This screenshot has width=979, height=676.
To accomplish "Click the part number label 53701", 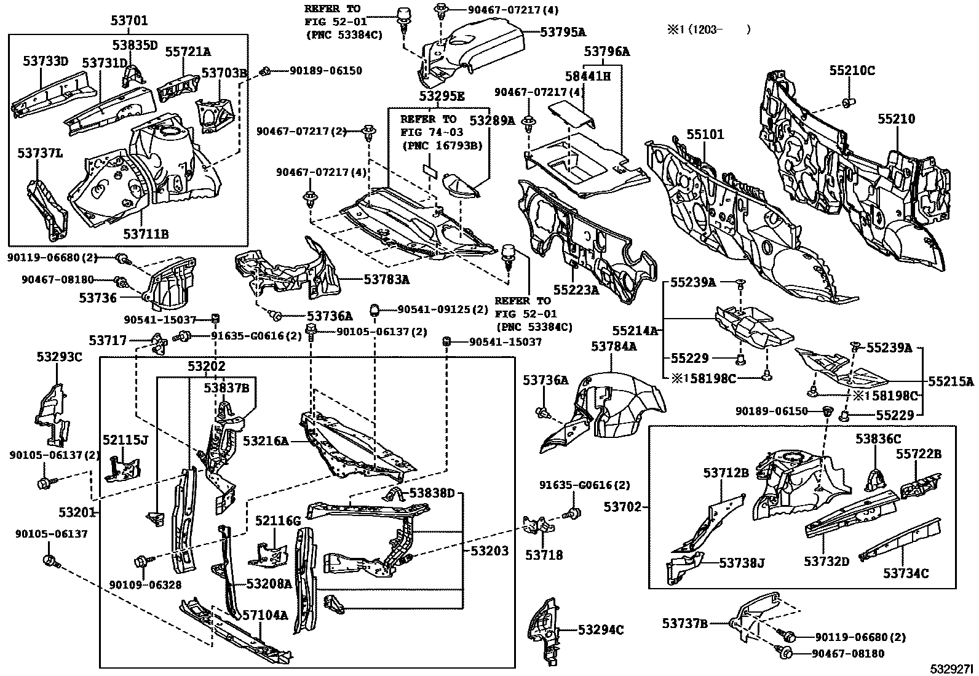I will [129, 20].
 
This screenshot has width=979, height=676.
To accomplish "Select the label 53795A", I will [563, 32].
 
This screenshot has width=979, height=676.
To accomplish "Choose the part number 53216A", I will [266, 441].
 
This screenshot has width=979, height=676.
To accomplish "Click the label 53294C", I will [600, 630].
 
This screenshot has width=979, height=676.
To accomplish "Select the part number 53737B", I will [684, 624].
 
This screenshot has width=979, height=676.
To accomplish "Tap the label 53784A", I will [614, 347].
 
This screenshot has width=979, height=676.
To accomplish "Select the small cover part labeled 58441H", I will [570, 114].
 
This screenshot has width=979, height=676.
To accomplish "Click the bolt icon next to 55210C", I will [847, 101].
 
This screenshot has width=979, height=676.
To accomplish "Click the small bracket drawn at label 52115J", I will [123, 469].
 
